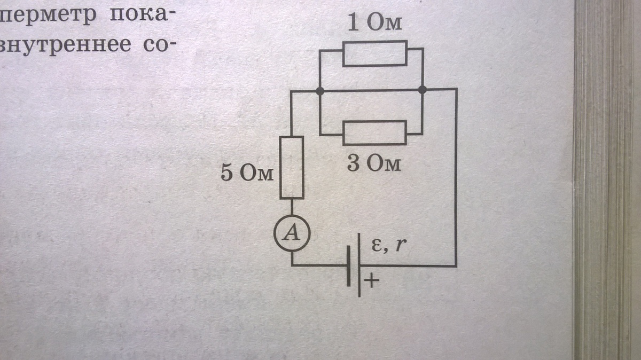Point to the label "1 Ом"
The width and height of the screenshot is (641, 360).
pos(374,23)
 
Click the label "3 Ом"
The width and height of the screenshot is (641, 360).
pos(374,164)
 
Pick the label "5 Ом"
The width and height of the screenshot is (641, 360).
pos(247,173)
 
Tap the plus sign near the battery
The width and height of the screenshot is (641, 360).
pos(371,280)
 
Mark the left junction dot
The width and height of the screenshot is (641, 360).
pos(320,91)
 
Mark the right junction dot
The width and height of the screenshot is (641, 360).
pos(423,90)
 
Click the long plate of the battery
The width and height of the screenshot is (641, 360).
pos(359,265)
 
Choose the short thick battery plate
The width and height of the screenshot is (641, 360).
pos(348,265)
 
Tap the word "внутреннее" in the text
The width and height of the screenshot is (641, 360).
pos(66,46)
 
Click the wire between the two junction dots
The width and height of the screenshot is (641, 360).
pos(371,91)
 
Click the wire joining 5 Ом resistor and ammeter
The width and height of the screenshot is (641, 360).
pos(292,207)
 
